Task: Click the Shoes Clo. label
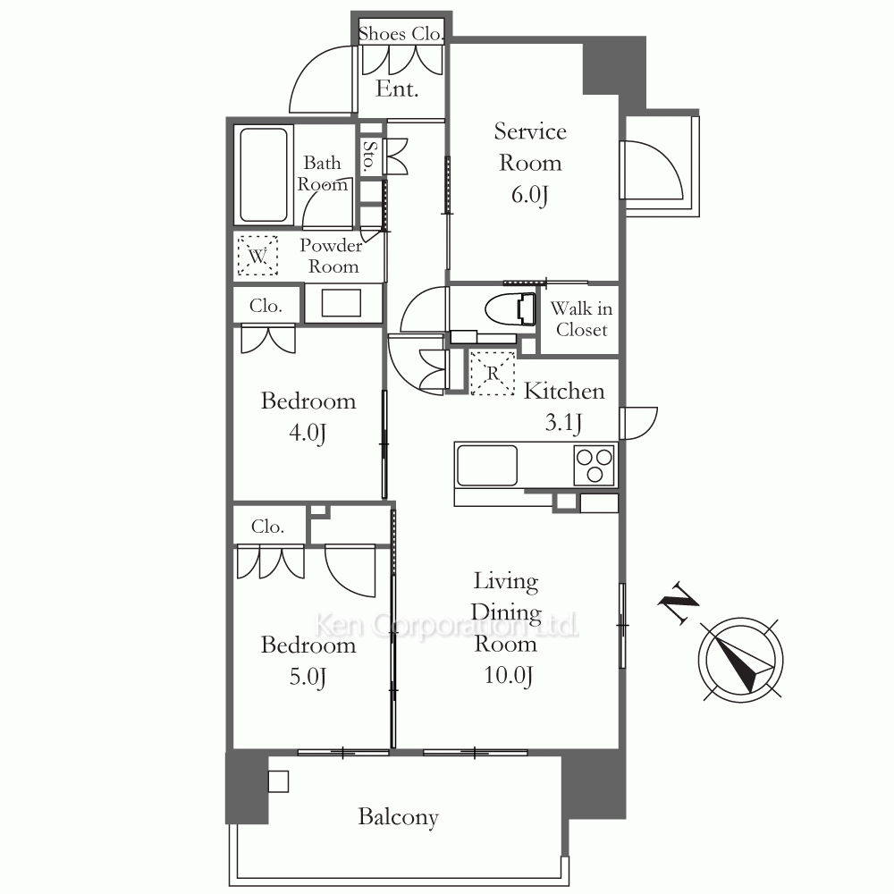[401, 34]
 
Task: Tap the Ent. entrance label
[397, 89]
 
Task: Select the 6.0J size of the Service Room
[529, 194]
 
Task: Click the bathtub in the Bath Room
[264, 174]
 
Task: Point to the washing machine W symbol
[257, 256]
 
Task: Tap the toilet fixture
[510, 309]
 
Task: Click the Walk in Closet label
[581, 319]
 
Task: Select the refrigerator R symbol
[493, 374]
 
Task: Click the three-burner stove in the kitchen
[595, 465]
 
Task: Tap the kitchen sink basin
[487, 465]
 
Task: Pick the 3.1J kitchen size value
[563, 423]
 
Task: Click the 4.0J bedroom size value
[308, 434]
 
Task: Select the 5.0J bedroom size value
[308, 678]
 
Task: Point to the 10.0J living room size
[508, 676]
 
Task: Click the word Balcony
[398, 817]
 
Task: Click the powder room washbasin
[342, 303]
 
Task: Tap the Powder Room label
[332, 256]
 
